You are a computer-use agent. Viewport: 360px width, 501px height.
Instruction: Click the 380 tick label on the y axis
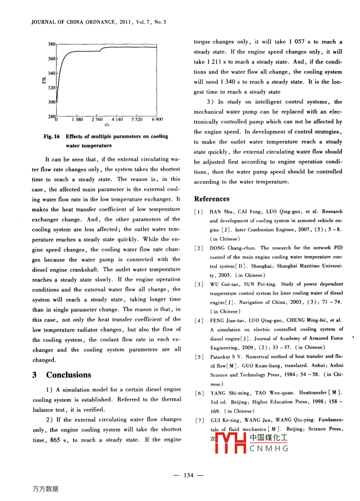click(x=52, y=44)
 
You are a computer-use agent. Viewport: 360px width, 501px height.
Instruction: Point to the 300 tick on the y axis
click(x=52, y=102)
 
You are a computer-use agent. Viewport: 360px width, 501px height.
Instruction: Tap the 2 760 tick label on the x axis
click(x=97, y=119)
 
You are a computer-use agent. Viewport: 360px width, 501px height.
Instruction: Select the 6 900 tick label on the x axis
click(x=157, y=119)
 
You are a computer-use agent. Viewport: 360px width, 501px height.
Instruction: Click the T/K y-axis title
click(x=44, y=80)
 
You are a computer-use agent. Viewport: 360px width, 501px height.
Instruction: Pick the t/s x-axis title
click(x=107, y=125)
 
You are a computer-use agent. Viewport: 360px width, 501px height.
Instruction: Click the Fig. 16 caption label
click(x=51, y=136)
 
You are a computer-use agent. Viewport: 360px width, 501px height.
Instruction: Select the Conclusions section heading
click(x=68, y=375)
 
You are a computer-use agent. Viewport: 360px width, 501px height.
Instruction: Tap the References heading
click(x=212, y=199)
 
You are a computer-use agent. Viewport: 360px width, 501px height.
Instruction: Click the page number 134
click(x=189, y=475)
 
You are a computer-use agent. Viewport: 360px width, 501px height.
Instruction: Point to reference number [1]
click(x=199, y=212)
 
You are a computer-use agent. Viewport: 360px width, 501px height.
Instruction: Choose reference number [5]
click(x=199, y=357)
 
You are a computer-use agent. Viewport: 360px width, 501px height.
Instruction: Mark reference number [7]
click(x=199, y=420)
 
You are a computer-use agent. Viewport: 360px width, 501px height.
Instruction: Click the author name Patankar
click(x=220, y=357)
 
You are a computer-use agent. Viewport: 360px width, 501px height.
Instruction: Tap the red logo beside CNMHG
click(x=230, y=443)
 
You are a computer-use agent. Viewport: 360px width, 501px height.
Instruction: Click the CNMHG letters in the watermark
click(x=269, y=449)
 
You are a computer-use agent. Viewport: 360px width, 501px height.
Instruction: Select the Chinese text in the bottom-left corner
click(x=45, y=489)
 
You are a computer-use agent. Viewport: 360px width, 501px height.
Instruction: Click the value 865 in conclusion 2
click(x=55, y=440)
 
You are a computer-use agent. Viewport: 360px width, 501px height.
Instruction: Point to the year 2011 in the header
click(x=125, y=22)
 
